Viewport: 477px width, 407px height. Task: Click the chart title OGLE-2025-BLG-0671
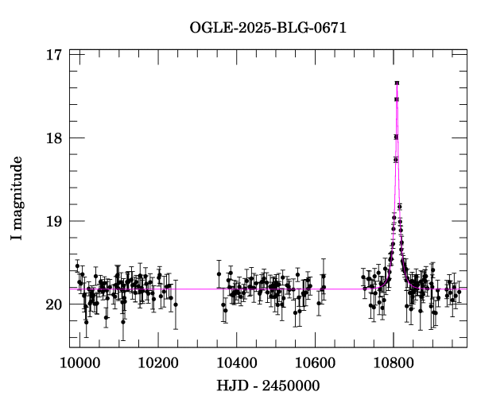(268, 29)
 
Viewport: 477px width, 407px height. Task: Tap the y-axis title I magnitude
(17, 198)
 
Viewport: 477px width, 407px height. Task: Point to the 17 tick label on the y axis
(54, 56)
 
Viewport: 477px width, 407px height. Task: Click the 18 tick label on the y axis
(54, 138)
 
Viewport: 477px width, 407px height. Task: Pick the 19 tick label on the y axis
(54, 221)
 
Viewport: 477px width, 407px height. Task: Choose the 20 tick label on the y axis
(54, 304)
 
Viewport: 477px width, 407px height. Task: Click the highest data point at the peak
(396, 83)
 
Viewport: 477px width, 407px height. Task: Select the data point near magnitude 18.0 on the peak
(396, 137)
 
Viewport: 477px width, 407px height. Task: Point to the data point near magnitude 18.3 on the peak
(396, 160)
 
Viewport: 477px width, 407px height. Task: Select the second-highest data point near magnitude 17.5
(396, 99)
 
